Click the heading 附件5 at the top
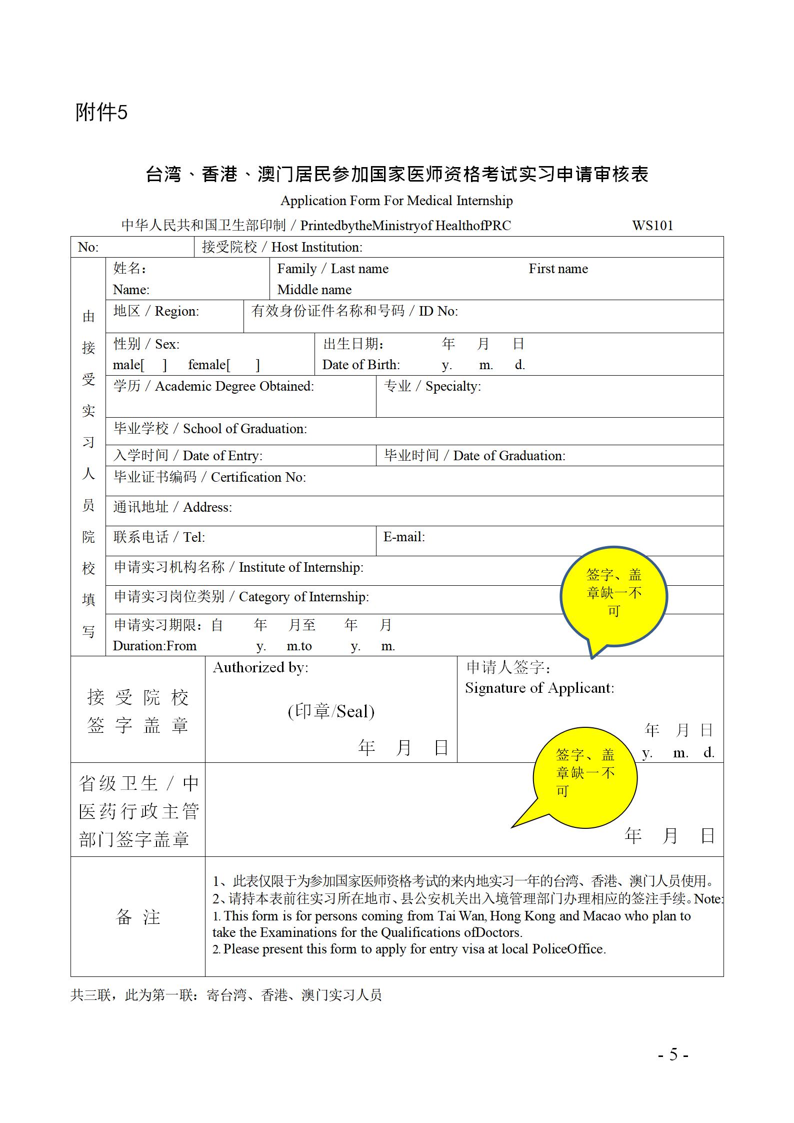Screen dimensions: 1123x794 point(101,112)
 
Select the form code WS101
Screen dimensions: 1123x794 point(652,226)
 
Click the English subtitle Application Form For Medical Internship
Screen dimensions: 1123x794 point(396,201)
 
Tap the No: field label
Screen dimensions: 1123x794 point(88,247)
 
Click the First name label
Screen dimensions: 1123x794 point(558,269)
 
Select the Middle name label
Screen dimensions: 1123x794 point(314,290)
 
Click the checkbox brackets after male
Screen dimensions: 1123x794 point(154,365)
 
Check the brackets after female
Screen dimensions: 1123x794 point(243,365)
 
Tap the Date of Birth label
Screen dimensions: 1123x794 point(360,365)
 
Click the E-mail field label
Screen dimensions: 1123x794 point(404,537)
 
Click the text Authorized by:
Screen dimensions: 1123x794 point(260,667)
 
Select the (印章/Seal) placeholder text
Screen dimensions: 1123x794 point(331,711)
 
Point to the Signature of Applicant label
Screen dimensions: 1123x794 point(539,688)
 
